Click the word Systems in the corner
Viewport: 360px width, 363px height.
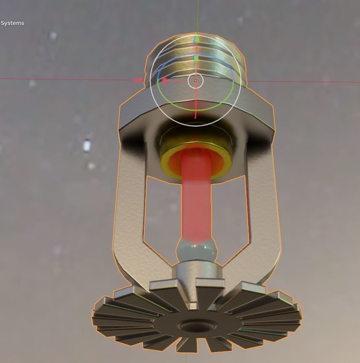coord(13,23)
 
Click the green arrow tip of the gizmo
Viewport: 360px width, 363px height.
coord(196,40)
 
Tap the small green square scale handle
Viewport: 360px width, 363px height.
coord(196,58)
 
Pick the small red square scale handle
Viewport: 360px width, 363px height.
coord(165,80)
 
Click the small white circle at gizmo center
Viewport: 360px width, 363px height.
coord(195,81)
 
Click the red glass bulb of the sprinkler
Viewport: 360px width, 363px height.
coord(196,198)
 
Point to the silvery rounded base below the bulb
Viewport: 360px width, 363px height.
coord(196,251)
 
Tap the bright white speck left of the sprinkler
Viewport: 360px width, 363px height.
coord(87,146)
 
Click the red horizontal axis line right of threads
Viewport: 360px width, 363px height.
coord(304,82)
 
